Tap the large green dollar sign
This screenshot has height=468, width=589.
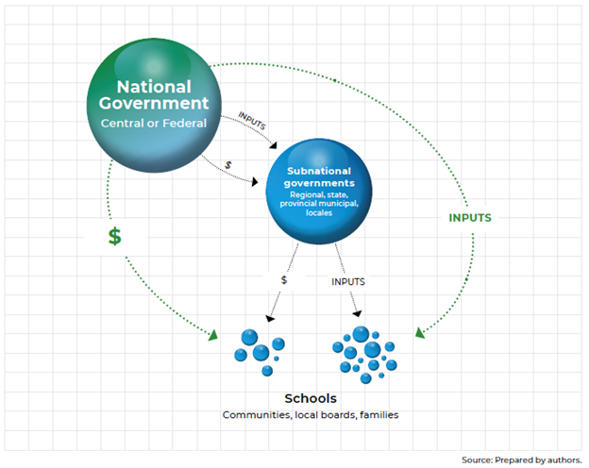[x=114, y=237]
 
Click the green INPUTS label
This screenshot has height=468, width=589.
[x=468, y=218]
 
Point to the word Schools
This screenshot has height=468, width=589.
[x=310, y=398]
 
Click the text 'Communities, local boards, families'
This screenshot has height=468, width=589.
[x=310, y=414]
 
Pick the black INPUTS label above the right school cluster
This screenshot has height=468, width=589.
[x=348, y=281]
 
